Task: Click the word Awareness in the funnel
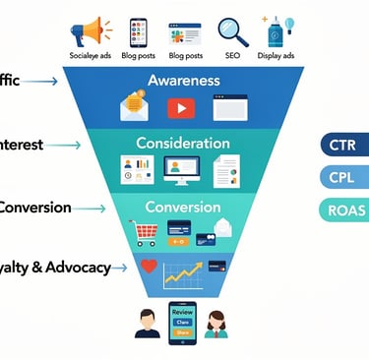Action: click(183, 80)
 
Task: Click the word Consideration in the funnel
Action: click(184, 143)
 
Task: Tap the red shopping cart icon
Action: click(146, 232)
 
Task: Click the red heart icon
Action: click(149, 267)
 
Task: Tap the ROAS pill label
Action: click(343, 209)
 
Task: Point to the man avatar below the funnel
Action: click(148, 322)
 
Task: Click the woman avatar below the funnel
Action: click(217, 322)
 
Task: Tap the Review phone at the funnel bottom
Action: click(183, 321)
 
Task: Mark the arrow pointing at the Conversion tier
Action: click(90, 209)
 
